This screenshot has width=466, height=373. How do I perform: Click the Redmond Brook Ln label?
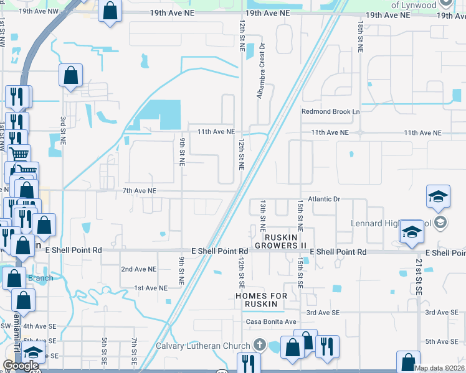click(331, 112)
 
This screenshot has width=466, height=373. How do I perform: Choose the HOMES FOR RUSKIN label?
click(261, 296)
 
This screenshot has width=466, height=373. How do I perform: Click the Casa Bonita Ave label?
click(270, 321)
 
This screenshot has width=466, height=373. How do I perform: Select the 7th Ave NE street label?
click(139, 191)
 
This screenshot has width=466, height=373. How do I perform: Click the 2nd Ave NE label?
click(138, 269)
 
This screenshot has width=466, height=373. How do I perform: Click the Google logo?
click(21, 366)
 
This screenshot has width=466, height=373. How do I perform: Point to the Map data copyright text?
click(439, 368)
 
